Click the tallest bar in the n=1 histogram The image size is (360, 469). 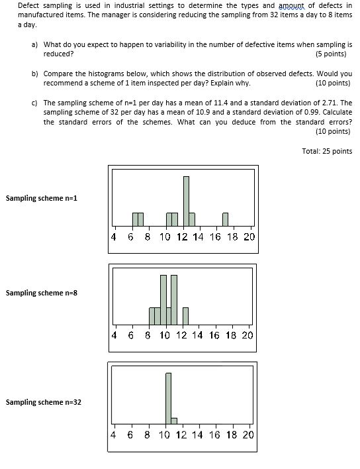(x=186, y=201)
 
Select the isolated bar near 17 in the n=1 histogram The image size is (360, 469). (x=225, y=219)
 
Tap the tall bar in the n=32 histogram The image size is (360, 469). (x=168, y=398)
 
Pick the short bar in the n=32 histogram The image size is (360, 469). (x=174, y=420)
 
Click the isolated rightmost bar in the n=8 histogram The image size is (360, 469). (x=186, y=317)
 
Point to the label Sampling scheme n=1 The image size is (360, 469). (x=42, y=198)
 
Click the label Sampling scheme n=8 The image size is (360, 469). (x=42, y=292)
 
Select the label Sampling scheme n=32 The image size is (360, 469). (x=44, y=402)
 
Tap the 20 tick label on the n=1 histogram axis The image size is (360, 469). (x=249, y=236)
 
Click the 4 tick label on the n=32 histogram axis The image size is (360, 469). (x=114, y=435)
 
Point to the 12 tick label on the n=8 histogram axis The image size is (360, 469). (x=182, y=335)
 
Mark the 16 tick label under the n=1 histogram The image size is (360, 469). (x=215, y=236)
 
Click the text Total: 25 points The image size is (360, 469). (x=327, y=151)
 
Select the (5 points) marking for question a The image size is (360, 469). (x=332, y=54)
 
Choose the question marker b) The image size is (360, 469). (x=34, y=74)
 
